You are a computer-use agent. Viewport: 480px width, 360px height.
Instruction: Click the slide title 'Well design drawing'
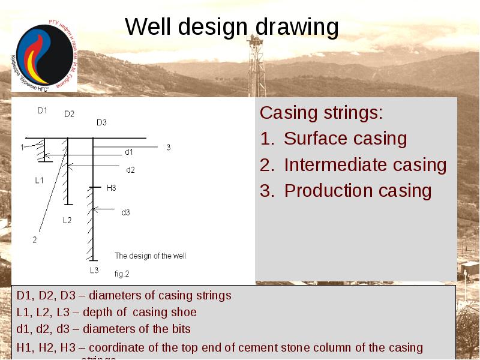tap(232, 28)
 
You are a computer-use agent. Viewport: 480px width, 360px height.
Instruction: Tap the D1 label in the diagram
tap(42, 110)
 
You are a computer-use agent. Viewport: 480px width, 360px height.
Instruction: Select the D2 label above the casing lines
tap(69, 114)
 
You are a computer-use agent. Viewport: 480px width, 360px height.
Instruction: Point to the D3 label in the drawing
tap(101, 122)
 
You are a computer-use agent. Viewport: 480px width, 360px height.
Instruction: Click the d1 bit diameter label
tap(129, 152)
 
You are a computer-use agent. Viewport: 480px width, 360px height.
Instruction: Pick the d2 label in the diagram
tap(130, 170)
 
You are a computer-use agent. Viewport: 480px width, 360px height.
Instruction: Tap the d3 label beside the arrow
tap(125, 212)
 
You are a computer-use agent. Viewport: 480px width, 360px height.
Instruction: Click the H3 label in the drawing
tap(111, 188)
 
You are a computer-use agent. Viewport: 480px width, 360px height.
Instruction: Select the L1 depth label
tap(39, 180)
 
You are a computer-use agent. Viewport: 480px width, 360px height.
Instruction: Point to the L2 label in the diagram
tap(67, 220)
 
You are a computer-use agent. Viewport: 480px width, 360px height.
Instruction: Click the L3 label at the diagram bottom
tap(94, 270)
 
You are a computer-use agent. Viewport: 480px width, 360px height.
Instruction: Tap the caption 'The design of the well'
tap(150, 256)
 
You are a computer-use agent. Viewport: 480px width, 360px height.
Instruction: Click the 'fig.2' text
tap(122, 274)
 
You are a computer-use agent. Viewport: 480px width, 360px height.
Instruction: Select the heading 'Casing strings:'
tap(321, 113)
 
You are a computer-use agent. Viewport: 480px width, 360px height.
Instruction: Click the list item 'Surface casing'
tap(345, 139)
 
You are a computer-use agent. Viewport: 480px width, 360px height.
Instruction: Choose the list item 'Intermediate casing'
tap(365, 164)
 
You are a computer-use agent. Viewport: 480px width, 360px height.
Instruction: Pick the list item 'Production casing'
tap(358, 191)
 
